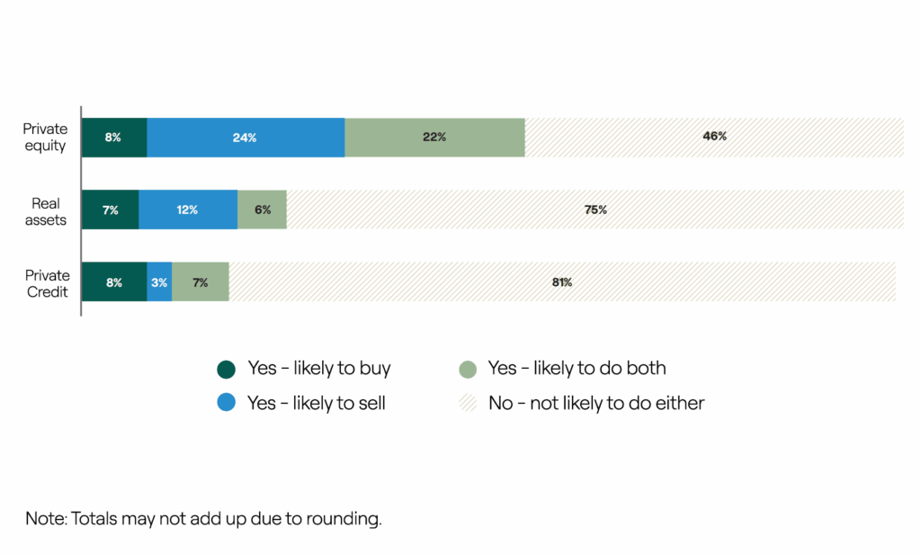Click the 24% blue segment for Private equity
coord(246,138)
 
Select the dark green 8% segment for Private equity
coord(113,138)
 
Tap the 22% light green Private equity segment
coord(434,138)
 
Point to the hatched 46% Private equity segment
coord(714,138)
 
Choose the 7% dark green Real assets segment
coord(110,210)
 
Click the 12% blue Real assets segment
coord(188,210)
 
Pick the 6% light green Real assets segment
coord(262,210)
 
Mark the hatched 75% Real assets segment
coord(595,210)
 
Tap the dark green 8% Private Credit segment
coord(113,282)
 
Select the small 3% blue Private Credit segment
coord(159,282)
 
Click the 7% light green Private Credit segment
coord(201,282)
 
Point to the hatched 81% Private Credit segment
coord(562,282)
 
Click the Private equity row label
coord(45,138)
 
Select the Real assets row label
coord(47,210)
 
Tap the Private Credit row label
coord(47,283)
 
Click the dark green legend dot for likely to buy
coord(227,369)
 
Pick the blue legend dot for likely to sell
coord(227,403)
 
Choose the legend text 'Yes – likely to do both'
coord(577,368)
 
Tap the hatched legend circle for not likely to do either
coord(467,403)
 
